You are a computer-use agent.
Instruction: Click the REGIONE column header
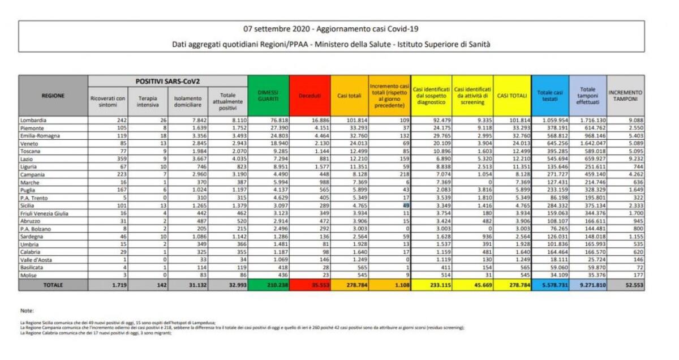[53, 96]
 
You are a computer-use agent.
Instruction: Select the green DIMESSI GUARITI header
[268, 96]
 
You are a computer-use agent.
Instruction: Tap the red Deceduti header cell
[309, 96]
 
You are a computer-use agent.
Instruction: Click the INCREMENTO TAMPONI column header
[625, 96]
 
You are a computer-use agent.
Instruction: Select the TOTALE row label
[53, 285]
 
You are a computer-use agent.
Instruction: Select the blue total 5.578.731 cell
[551, 285]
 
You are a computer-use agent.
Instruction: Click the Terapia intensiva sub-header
[147, 102]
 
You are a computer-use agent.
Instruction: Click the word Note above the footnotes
[27, 310]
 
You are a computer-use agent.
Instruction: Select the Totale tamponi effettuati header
[587, 96]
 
